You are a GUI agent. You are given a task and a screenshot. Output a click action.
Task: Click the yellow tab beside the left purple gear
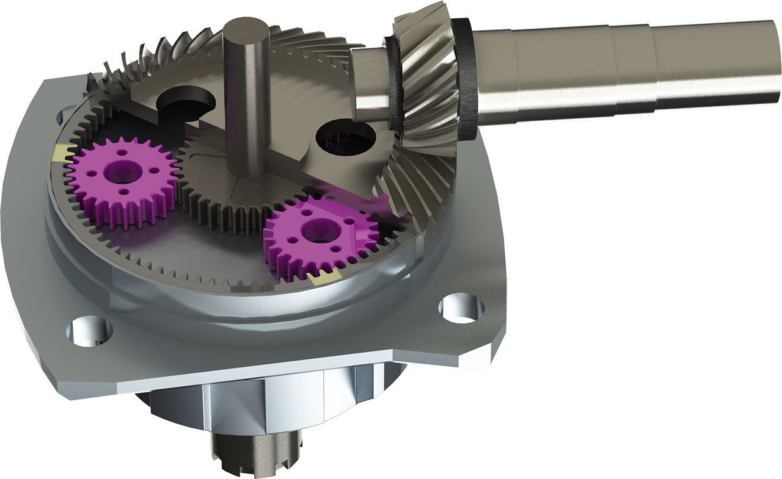pyautogui.click(x=62, y=153)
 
